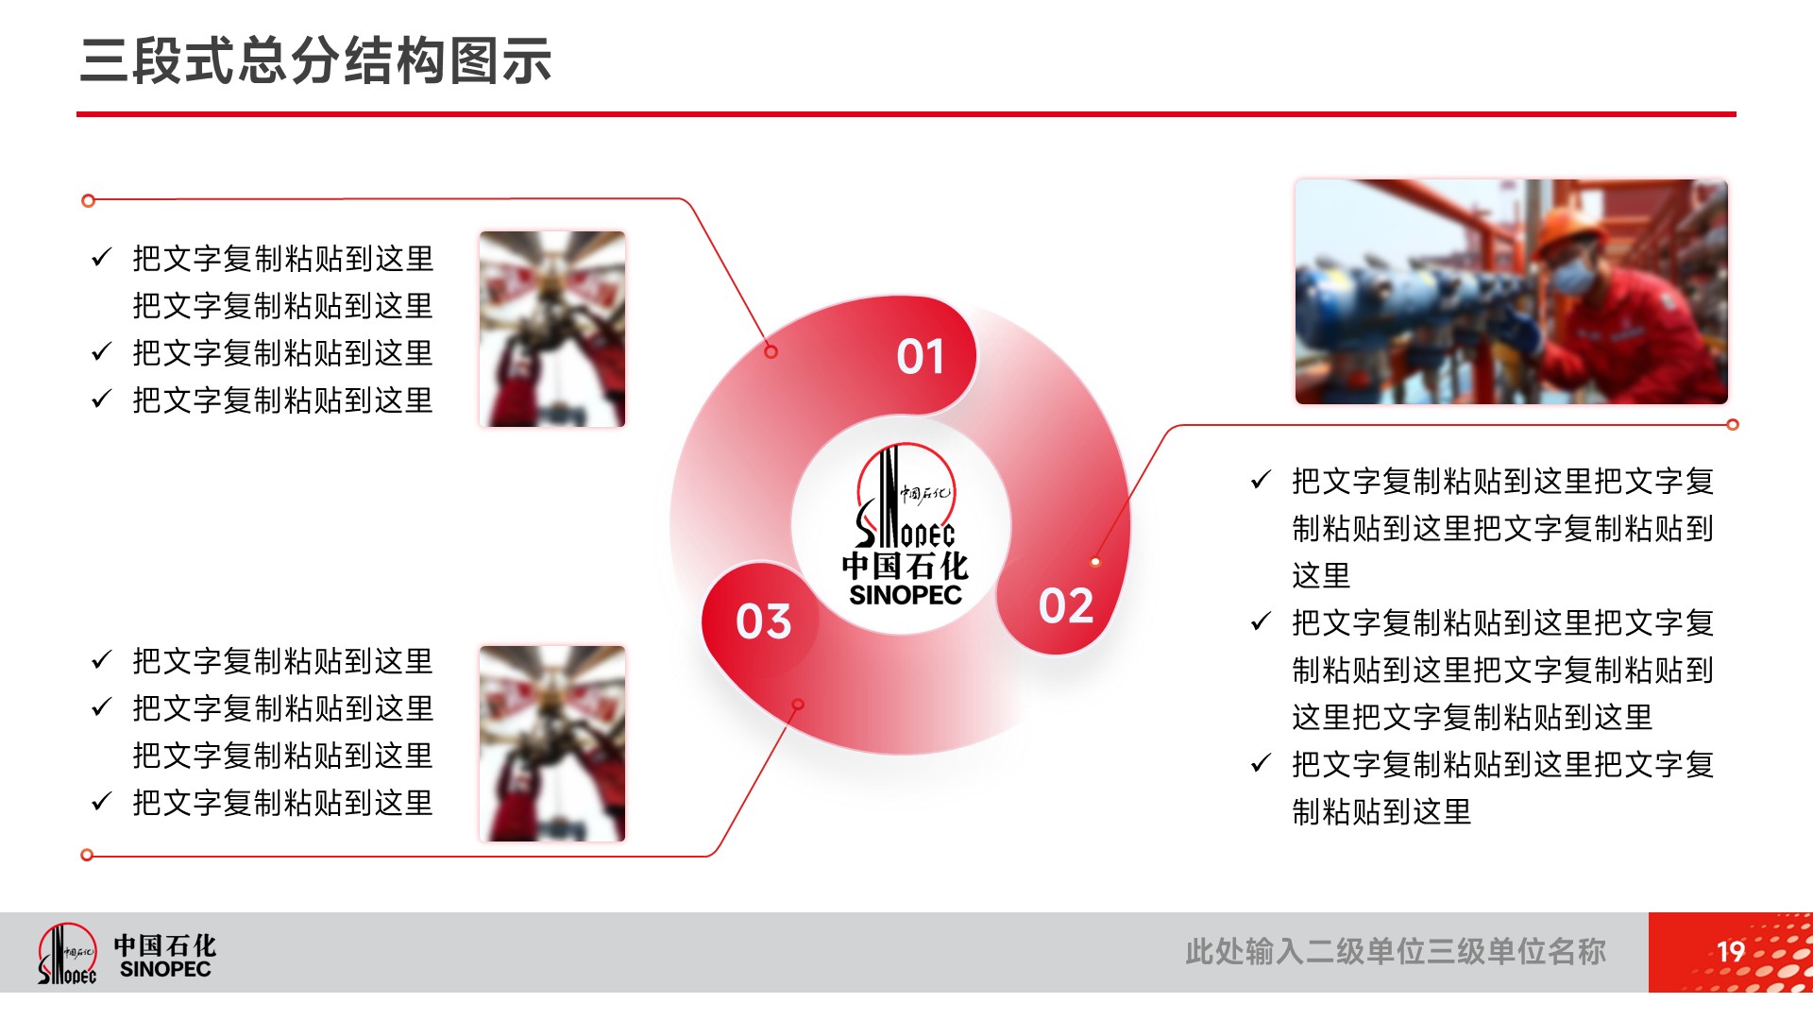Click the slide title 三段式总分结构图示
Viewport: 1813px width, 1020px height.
point(315,61)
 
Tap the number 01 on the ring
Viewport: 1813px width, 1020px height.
point(921,357)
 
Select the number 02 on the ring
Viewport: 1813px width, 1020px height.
point(1066,605)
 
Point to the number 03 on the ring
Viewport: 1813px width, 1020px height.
point(763,621)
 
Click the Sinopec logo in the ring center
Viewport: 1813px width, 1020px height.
point(905,525)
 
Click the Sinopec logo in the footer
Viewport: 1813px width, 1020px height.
point(127,954)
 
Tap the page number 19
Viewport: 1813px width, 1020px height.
point(1730,952)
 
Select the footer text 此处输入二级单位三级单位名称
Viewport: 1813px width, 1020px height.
point(1396,952)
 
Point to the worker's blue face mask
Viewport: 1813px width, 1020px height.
point(1572,276)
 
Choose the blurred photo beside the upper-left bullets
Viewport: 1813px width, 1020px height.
point(552,329)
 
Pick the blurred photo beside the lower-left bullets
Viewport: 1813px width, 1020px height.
point(552,743)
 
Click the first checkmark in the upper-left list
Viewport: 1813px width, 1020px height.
point(102,257)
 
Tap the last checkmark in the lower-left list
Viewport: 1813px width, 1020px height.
point(102,801)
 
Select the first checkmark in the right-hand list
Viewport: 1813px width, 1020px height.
point(1261,480)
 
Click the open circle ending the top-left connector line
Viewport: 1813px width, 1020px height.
point(89,200)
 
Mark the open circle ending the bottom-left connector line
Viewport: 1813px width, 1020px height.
point(87,855)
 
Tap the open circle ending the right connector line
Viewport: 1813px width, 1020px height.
point(1733,425)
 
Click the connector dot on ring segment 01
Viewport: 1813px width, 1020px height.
point(771,352)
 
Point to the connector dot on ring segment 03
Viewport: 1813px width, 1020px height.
point(798,705)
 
